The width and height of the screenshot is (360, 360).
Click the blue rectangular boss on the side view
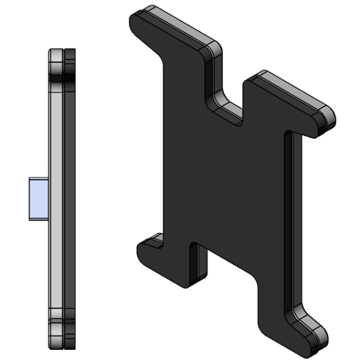tap(38, 199)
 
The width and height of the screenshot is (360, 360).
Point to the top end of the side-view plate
tap(62, 53)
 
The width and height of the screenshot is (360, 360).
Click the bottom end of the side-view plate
tap(62, 344)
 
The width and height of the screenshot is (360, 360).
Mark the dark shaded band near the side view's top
tap(62, 77)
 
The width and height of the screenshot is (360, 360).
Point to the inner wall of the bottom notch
tap(198, 264)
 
